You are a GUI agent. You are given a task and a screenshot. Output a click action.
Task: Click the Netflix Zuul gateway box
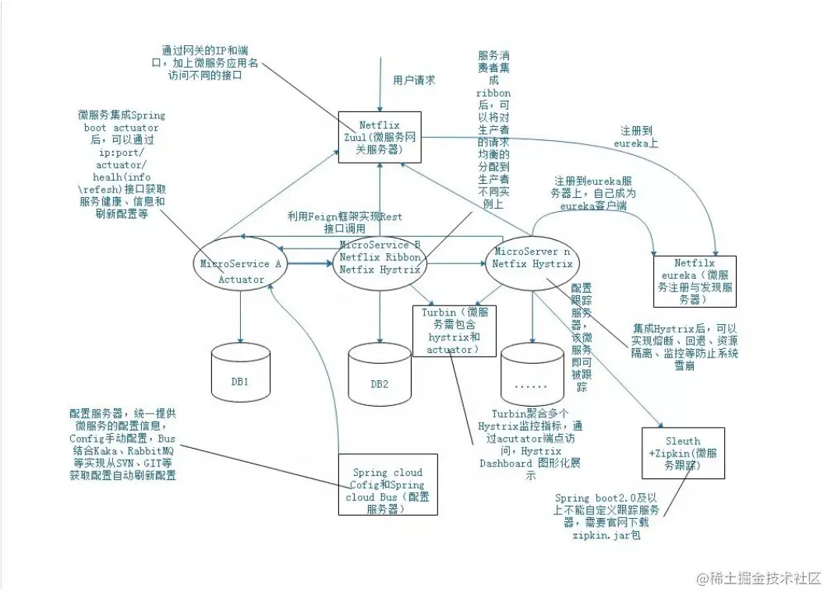click(380, 137)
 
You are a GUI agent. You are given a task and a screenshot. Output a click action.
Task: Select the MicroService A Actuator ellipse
click(239, 270)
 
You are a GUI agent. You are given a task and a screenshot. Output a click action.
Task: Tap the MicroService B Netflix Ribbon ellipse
click(380, 258)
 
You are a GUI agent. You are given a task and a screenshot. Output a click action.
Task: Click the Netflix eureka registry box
click(695, 280)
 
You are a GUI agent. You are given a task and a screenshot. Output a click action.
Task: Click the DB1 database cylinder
click(241, 371)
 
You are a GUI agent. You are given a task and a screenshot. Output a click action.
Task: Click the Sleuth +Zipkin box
click(682, 452)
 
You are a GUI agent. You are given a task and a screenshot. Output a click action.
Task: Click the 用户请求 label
click(414, 80)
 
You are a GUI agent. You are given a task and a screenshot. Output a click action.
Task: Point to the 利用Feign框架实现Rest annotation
click(345, 222)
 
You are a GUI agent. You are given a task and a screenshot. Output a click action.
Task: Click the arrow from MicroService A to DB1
click(241, 316)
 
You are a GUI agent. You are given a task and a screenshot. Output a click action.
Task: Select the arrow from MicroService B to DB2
click(380, 312)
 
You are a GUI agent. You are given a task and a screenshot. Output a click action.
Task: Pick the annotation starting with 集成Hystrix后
click(686, 347)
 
